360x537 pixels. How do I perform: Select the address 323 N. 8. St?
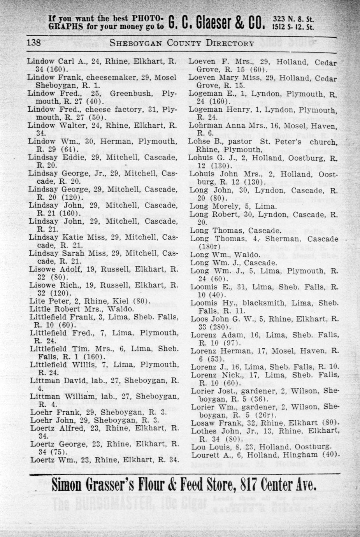[x=294, y=19]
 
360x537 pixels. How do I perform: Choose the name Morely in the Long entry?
[x=231, y=206]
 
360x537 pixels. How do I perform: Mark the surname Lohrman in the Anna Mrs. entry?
[x=205, y=126]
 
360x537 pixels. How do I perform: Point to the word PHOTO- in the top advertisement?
[x=142, y=18]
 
